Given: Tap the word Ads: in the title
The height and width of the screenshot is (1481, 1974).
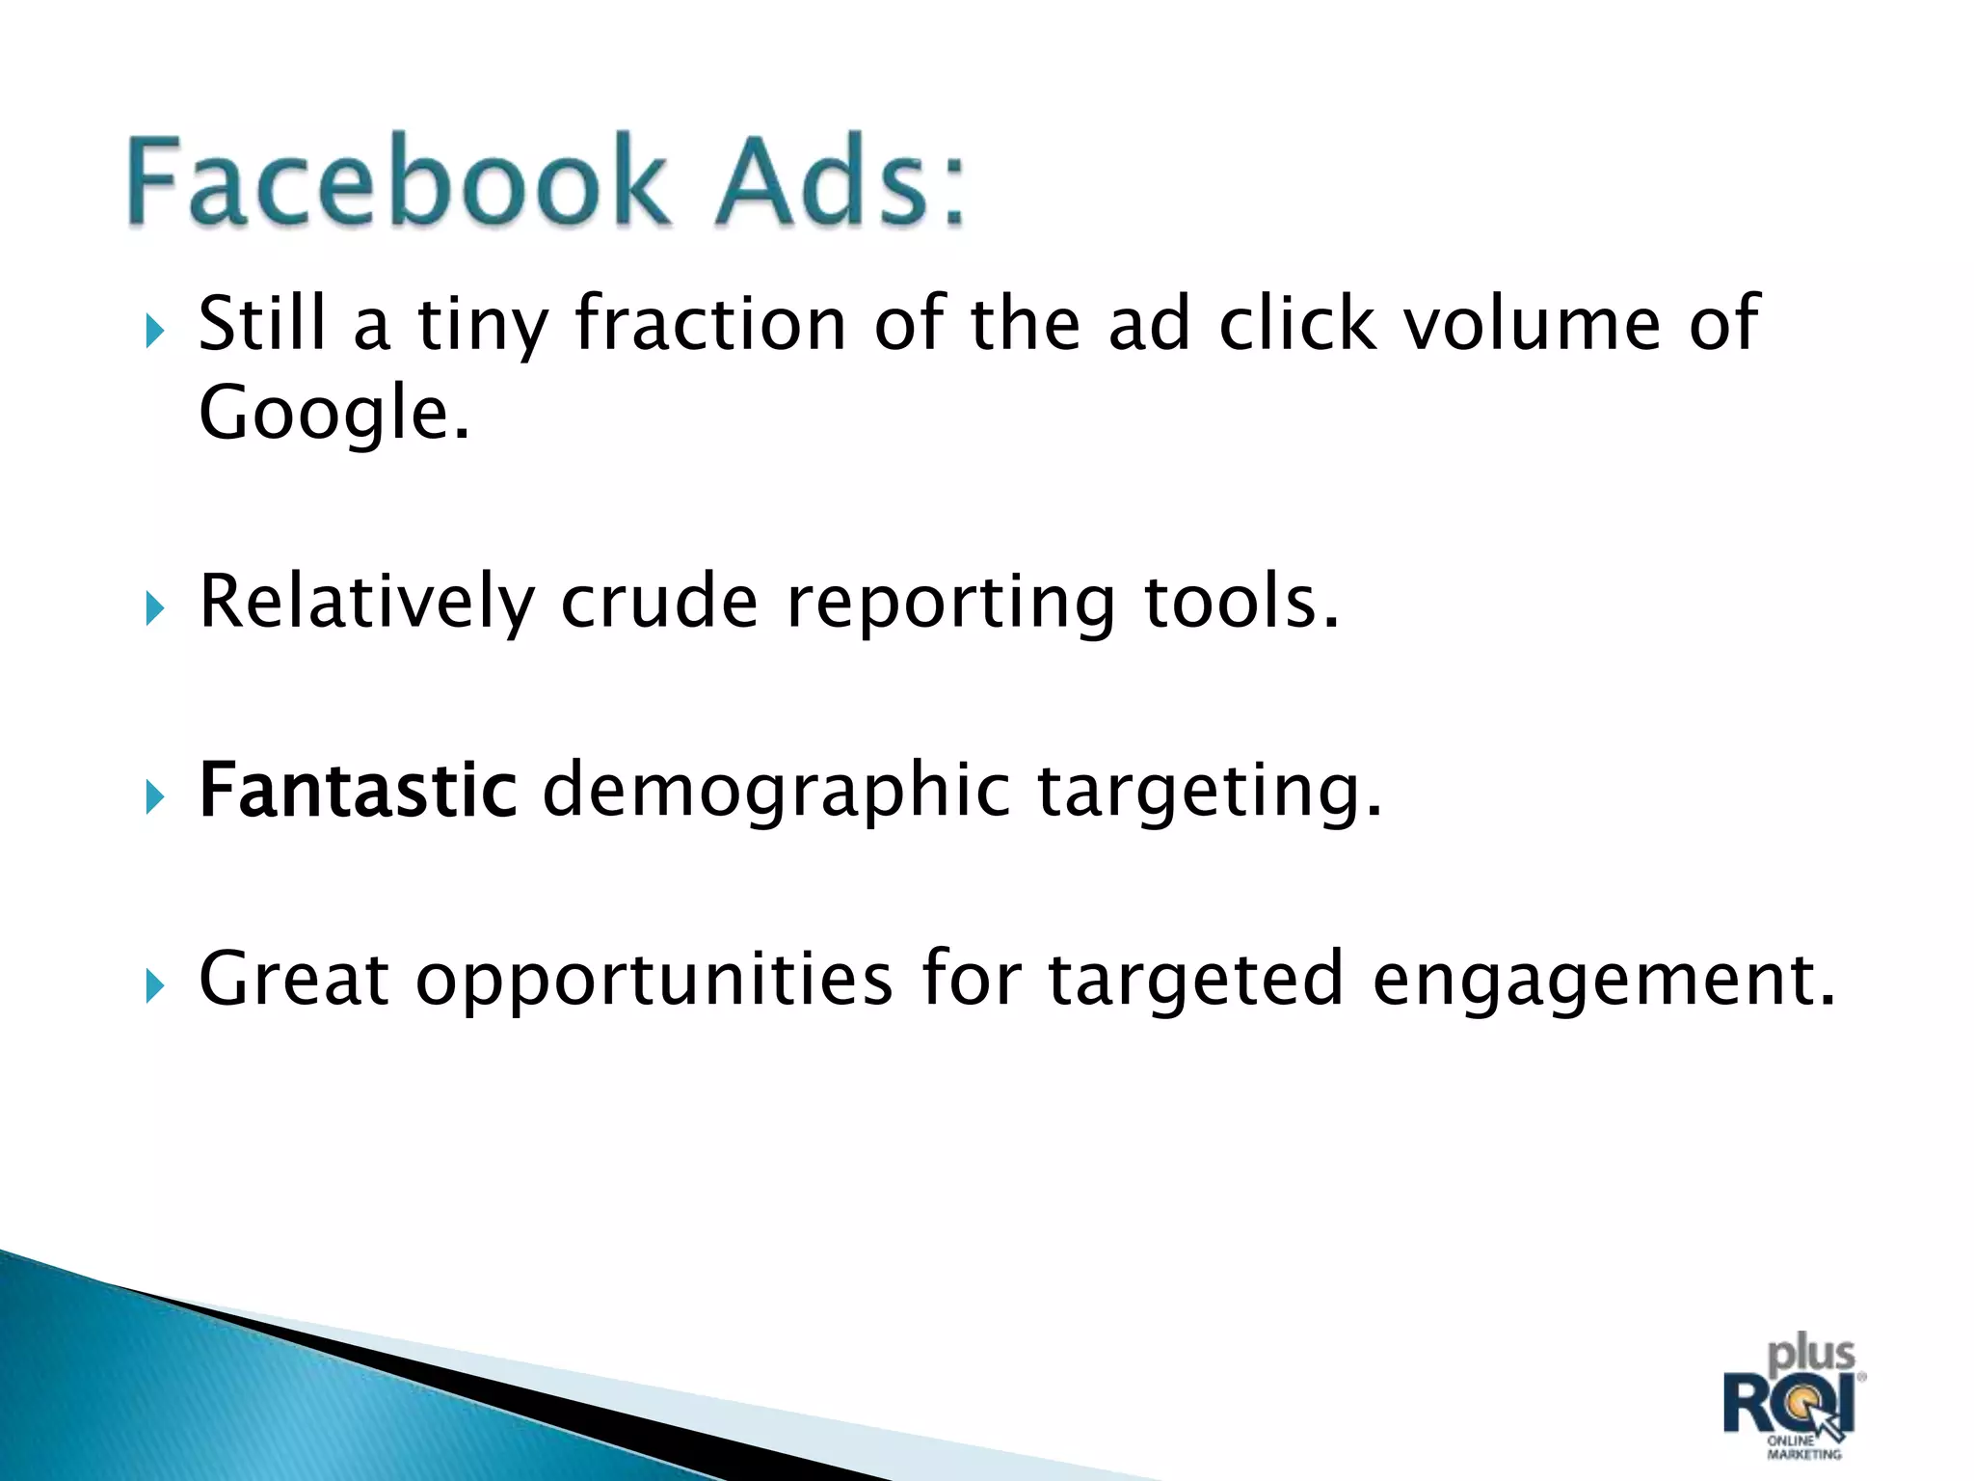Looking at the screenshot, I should (x=839, y=180).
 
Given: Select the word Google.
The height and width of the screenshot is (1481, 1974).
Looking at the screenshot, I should (x=333, y=413).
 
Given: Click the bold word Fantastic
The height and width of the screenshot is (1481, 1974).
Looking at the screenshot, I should (x=358, y=791).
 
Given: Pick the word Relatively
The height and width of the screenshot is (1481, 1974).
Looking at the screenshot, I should (x=365, y=602).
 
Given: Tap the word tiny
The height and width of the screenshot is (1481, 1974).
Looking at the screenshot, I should (x=482, y=326).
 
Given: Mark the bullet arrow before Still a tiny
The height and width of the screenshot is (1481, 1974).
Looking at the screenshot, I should (x=155, y=332).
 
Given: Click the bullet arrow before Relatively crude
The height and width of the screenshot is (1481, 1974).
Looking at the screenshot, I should (x=155, y=609).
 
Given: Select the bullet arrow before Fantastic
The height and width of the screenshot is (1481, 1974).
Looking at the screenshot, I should (x=155, y=797).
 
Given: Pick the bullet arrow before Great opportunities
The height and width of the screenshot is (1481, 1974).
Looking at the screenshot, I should (x=155, y=986).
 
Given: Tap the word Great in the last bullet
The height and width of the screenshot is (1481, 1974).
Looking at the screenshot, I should (x=293, y=978).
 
